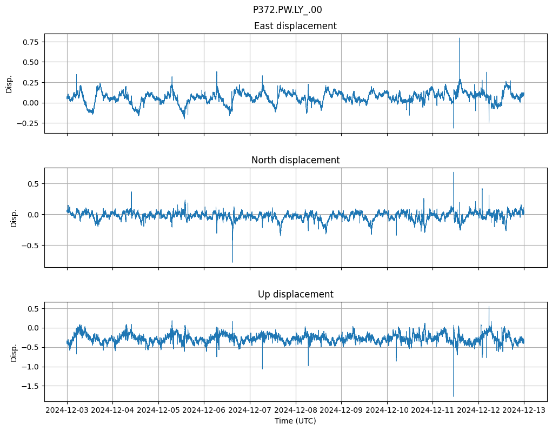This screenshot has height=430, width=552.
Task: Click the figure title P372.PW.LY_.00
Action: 287,10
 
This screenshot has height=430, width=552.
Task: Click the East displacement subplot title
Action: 295,26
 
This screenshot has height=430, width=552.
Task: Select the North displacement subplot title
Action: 295,160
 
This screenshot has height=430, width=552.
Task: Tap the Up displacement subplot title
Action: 295,294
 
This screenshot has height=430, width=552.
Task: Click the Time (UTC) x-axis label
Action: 295,421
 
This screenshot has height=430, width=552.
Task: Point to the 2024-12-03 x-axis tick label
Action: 67,411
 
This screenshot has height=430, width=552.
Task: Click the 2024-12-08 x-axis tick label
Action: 295,411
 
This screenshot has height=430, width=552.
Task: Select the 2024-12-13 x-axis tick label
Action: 523,411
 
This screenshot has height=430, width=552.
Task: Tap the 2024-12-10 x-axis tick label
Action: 387,411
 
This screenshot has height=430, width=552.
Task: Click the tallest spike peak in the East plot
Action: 459,38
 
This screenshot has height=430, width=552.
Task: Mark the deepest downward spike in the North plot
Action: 232,262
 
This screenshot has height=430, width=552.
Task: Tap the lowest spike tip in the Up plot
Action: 454,396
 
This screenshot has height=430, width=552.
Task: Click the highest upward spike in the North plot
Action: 454,173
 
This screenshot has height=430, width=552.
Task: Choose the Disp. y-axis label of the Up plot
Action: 14,352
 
